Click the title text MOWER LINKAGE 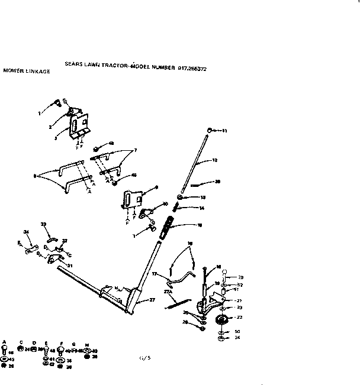(27, 71)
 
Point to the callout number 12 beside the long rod (215, 160)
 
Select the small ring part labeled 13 (180, 198)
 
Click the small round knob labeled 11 (210, 130)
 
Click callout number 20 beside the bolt (240, 277)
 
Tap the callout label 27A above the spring (167, 292)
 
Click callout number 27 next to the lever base (152, 300)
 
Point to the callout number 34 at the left (25, 231)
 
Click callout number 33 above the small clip (43, 224)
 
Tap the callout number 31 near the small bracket (70, 265)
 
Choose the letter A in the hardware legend (4, 342)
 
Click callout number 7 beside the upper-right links (135, 150)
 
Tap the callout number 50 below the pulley (237, 331)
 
